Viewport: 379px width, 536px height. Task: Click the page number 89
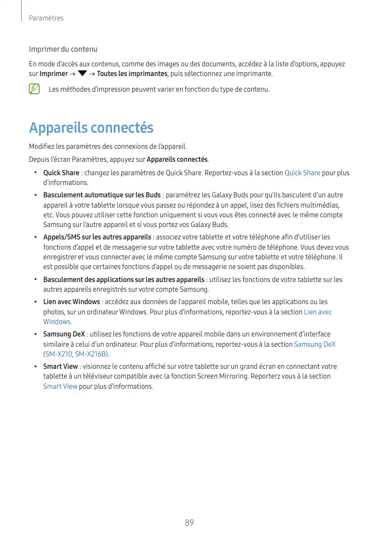[189, 523]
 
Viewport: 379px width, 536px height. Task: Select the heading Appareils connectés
[91, 128]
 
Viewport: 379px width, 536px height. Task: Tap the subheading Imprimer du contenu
[63, 49]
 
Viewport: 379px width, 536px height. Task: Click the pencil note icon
[35, 89]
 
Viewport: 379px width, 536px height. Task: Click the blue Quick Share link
[302, 173]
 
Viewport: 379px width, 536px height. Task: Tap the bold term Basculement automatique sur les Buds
[102, 195]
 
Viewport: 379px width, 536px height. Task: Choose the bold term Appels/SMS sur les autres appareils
[97, 237]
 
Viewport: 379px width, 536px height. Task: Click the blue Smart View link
[60, 387]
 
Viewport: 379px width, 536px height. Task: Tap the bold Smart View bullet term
[60, 367]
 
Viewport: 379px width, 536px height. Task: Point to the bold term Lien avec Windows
[71, 301]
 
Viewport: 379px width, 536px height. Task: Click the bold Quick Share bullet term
[61, 173]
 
